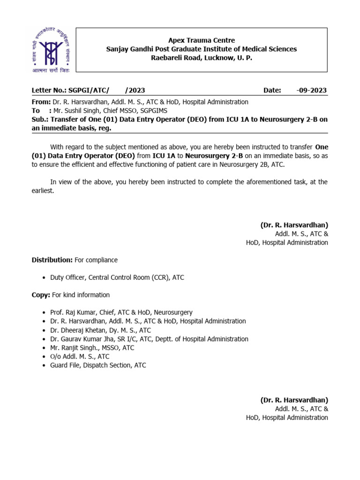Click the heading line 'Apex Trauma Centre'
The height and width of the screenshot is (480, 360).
tap(201, 40)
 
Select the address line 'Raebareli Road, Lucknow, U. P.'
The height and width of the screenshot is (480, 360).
tap(201, 58)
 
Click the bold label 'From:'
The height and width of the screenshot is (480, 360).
tap(41, 102)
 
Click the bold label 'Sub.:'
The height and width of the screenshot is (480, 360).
tap(40, 120)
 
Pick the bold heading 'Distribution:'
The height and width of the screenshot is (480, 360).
tap(52, 260)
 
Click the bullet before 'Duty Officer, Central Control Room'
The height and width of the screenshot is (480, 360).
tap(44, 277)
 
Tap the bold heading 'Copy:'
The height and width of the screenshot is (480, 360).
tap(41, 295)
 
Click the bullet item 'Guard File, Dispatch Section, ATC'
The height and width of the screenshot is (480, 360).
tap(98, 365)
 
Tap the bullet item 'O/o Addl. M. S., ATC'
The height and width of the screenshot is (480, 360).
tap(80, 357)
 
